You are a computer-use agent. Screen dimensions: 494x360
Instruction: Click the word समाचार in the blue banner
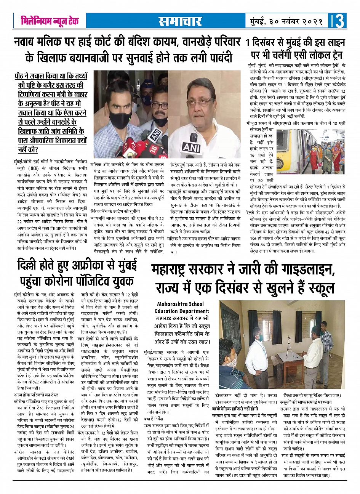pyautogui.click(x=180, y=21)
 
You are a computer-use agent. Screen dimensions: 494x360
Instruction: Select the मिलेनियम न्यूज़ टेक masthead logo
pyautogui.click(x=50, y=21)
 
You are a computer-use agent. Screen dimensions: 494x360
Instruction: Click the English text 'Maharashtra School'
pyautogui.click(x=180, y=304)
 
